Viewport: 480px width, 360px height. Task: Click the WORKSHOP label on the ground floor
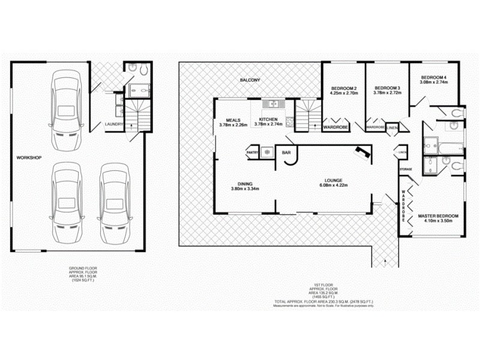[x=29, y=157]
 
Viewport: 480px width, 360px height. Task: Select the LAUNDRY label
[x=114, y=124]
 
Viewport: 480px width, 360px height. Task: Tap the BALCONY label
[x=250, y=79]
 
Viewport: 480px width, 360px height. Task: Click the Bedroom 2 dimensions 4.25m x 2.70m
[x=344, y=93]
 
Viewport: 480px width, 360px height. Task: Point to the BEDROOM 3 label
[x=386, y=87]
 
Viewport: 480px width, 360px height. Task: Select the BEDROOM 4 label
[x=433, y=77]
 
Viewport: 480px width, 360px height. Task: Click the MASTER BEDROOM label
[x=438, y=216]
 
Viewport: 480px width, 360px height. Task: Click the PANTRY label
[x=253, y=152]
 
